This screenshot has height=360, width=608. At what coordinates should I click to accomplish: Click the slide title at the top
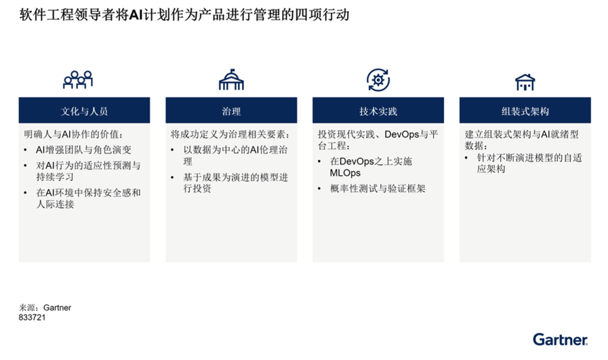point(184,15)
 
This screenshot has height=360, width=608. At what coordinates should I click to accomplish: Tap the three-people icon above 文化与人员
point(78,79)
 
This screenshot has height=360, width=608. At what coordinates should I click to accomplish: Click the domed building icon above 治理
point(231,79)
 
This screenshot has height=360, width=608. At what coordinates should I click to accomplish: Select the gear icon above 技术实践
point(378,80)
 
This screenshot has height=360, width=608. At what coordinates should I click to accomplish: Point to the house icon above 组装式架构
point(525,82)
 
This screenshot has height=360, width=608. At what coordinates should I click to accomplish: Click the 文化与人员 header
point(84,111)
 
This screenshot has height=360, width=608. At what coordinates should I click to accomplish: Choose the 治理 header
point(231,111)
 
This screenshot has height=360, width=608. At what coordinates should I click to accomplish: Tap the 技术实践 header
point(378,111)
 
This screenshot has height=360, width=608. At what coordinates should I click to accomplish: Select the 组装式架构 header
point(525,111)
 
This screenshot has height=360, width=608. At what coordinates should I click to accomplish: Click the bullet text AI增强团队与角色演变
point(84,150)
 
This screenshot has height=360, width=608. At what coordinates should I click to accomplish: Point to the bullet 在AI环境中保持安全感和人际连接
point(88,198)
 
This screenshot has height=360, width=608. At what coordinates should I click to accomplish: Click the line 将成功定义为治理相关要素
point(230,135)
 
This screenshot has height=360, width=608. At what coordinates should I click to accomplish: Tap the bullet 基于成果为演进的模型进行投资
point(236,183)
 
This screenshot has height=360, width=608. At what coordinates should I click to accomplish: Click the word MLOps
point(345,173)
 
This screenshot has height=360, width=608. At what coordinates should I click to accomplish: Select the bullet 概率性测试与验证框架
point(378,188)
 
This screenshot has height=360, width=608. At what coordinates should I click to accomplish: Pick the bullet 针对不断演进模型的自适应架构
point(529,163)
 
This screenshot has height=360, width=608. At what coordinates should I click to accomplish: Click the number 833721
point(32,317)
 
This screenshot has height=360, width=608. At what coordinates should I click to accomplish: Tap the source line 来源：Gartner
point(45,308)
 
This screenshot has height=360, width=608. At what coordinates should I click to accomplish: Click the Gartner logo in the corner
point(561,340)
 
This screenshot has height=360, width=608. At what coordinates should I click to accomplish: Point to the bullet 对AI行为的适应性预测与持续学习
point(88,171)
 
